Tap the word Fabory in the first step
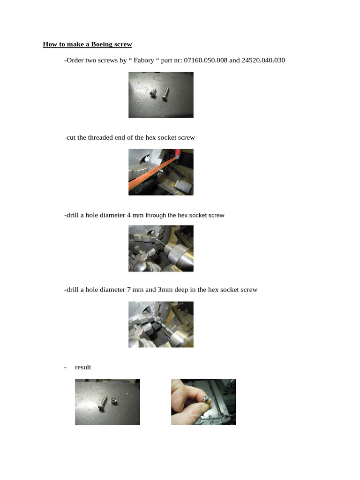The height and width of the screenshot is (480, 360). pos(147,60)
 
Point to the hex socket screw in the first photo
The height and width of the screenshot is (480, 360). pos(153,93)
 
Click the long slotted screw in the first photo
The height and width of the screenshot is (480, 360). pos(165,93)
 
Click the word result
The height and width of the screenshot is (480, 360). pos(83,367)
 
